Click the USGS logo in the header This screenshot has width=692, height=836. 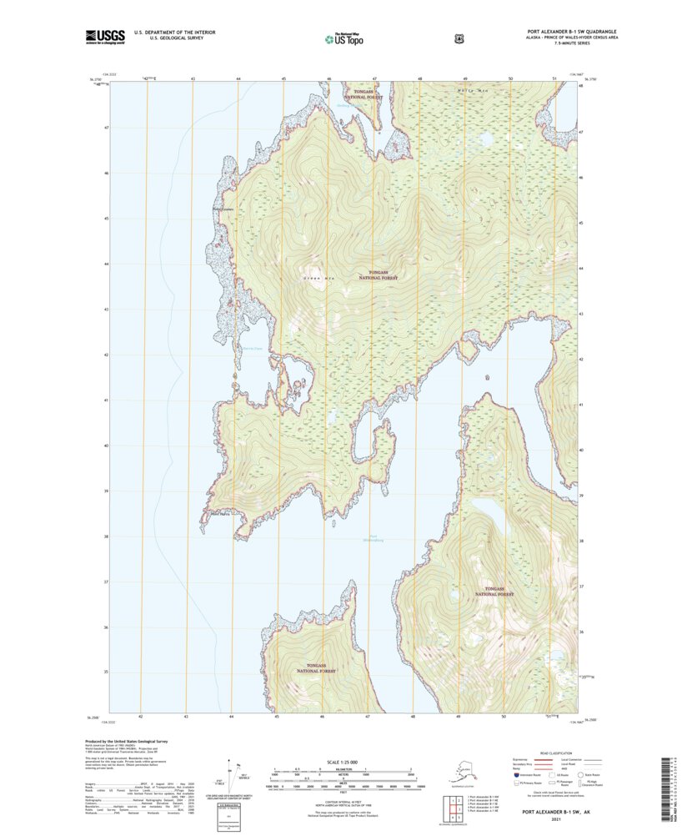click(105, 36)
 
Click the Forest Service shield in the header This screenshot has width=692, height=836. click(458, 38)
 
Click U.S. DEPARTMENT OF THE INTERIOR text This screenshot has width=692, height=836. click(181, 33)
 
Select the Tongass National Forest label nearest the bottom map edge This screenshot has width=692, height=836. click(317, 667)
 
